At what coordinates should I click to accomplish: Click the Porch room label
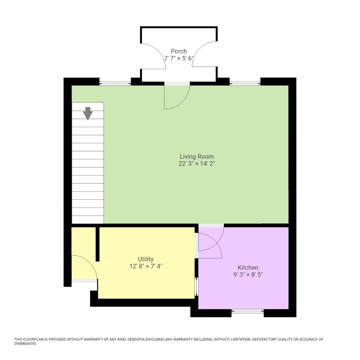point(179,51)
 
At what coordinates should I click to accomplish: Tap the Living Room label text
point(197,156)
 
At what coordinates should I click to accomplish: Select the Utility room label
point(146,259)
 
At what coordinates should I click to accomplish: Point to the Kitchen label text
point(248,267)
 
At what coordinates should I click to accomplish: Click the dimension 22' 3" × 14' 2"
point(197,163)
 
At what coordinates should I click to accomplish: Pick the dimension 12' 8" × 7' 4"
point(146,266)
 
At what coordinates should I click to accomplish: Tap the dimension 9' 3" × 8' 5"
point(248,274)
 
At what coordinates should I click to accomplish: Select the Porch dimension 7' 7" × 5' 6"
point(179,58)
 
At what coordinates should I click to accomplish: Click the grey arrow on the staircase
point(88,113)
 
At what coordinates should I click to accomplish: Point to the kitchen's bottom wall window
point(248,311)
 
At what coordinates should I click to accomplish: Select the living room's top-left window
point(115,83)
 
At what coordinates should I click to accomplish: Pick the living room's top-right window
point(245,83)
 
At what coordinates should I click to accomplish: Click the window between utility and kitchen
point(196,287)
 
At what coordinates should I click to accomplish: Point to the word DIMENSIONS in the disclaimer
point(25,344)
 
